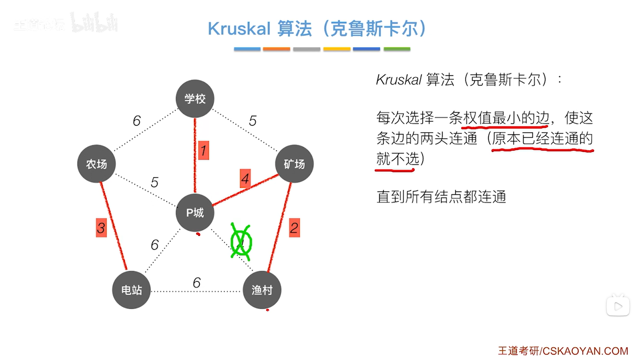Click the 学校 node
click(195, 99)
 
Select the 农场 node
click(96, 164)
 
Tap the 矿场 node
click(294, 164)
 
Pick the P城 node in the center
click(195, 213)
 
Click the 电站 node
click(131, 290)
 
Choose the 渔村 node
click(262, 290)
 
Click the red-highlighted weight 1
click(204, 150)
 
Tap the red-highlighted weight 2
click(294, 228)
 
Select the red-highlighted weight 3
click(101, 228)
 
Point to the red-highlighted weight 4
click(245, 179)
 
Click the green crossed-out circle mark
click(241, 242)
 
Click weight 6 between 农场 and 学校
click(136, 121)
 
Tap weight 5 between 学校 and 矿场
click(253, 121)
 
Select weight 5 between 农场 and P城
click(154, 182)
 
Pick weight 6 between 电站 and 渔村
click(197, 282)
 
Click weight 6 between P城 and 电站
click(155, 245)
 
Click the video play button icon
click(618, 306)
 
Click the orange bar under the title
click(276, 49)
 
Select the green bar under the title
click(397, 49)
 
